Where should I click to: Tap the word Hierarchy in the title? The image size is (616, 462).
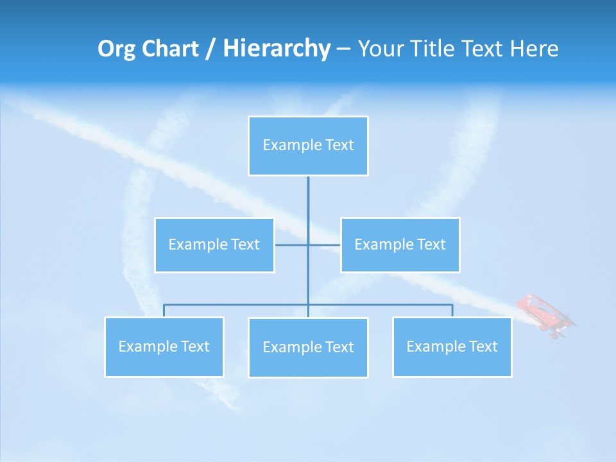tap(276, 49)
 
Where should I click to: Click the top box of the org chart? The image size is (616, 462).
tap(308, 146)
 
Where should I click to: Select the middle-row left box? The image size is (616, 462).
tap(214, 245)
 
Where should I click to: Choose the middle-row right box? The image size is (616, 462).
tap(400, 245)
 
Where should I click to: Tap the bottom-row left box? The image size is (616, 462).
tap(164, 347)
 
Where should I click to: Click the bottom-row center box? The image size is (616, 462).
tap(308, 348)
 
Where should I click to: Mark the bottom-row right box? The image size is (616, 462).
tap(452, 347)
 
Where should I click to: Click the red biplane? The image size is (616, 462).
tap(546, 314)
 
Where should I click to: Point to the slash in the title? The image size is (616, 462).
tap(210, 49)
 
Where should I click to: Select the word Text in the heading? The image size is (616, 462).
tap(482, 49)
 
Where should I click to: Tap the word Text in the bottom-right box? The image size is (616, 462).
tap(483, 347)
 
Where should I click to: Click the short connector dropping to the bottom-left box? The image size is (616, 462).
tap(164, 311)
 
